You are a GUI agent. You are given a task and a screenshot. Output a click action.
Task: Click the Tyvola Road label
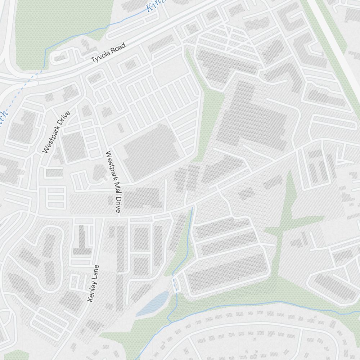click(108, 53)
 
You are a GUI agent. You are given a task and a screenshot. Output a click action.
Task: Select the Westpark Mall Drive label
click(112, 182)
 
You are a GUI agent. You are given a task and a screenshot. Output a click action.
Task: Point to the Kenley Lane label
click(93, 284)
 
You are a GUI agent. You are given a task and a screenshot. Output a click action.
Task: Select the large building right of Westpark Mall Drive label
click(151, 151)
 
